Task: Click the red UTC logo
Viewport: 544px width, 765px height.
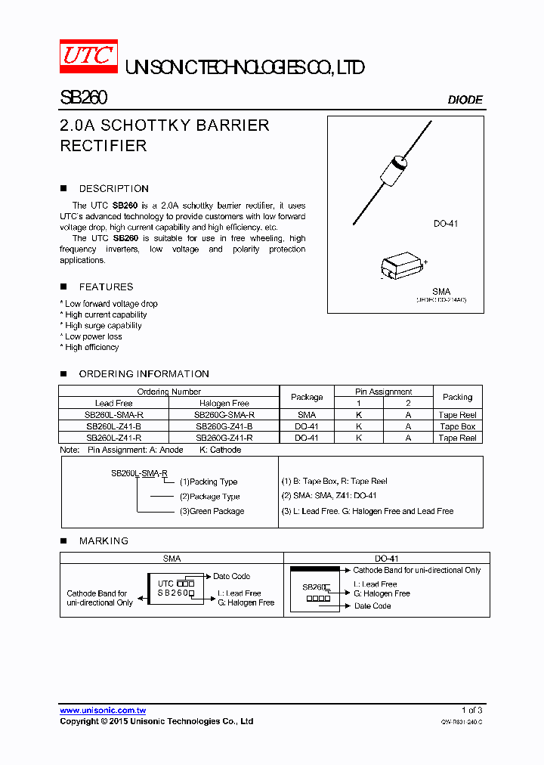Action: tap(88, 57)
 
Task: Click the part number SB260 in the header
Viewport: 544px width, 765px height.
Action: tap(83, 98)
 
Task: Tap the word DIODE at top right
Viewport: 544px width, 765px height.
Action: tap(465, 100)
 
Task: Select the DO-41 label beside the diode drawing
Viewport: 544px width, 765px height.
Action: tap(446, 224)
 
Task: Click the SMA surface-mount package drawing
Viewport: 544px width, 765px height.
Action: tap(402, 268)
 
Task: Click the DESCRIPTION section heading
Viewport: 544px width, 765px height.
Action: tap(113, 189)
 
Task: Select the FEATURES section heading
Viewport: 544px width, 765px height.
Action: tap(106, 287)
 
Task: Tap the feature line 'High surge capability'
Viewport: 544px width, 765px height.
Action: tap(104, 326)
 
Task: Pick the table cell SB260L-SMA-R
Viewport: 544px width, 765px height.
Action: tap(113, 415)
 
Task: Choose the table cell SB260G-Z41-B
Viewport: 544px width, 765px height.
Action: tap(224, 426)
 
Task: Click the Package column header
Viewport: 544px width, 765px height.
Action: tap(307, 397)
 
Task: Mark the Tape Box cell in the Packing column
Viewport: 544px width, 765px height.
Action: tap(457, 426)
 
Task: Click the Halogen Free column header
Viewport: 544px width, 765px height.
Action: tap(224, 404)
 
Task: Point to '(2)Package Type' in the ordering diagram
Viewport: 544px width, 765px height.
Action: tap(209, 497)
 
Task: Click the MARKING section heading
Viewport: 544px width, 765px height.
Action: tap(104, 541)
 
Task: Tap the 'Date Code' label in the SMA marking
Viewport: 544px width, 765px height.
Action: tap(231, 577)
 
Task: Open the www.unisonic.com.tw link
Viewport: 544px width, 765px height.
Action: tap(103, 711)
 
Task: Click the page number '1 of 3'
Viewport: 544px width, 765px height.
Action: tap(471, 711)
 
